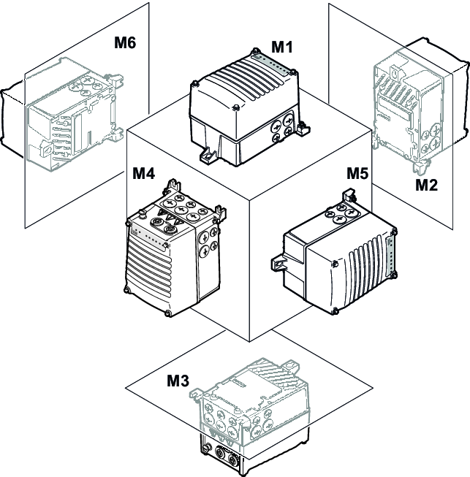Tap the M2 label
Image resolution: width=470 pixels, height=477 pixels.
[x=426, y=185]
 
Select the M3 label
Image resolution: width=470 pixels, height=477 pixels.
[x=178, y=381]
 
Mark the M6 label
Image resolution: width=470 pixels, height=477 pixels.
[x=125, y=43]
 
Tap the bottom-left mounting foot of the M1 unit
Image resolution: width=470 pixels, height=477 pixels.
[x=208, y=155]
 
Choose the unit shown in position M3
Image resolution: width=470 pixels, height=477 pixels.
[x=252, y=416]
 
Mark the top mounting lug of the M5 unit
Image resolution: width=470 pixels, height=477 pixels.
[x=350, y=196]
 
